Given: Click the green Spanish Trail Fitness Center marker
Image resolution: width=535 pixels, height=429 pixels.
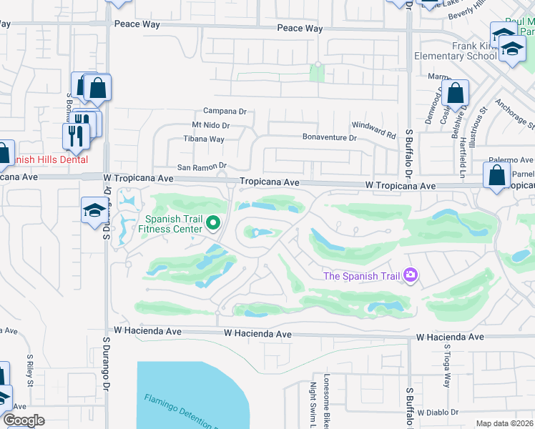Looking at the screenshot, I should (x=212, y=225).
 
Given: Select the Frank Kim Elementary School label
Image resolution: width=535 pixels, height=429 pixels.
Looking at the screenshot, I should (x=455, y=55).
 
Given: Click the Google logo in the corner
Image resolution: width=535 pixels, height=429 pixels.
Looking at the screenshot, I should (x=24, y=420).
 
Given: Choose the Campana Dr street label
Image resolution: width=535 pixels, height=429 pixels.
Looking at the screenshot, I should (x=225, y=112).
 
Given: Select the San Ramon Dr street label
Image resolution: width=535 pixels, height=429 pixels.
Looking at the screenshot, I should (x=202, y=167).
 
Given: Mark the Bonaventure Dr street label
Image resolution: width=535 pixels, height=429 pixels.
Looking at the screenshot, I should (x=329, y=137).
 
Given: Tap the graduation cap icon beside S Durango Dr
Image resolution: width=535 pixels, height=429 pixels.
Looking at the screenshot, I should (x=94, y=209).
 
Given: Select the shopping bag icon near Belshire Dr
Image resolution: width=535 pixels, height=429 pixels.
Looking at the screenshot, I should (x=455, y=94).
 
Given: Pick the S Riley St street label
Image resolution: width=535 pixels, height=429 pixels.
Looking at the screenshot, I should (x=30, y=370).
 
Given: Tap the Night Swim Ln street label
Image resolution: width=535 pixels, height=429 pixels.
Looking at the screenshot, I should (x=313, y=404).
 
